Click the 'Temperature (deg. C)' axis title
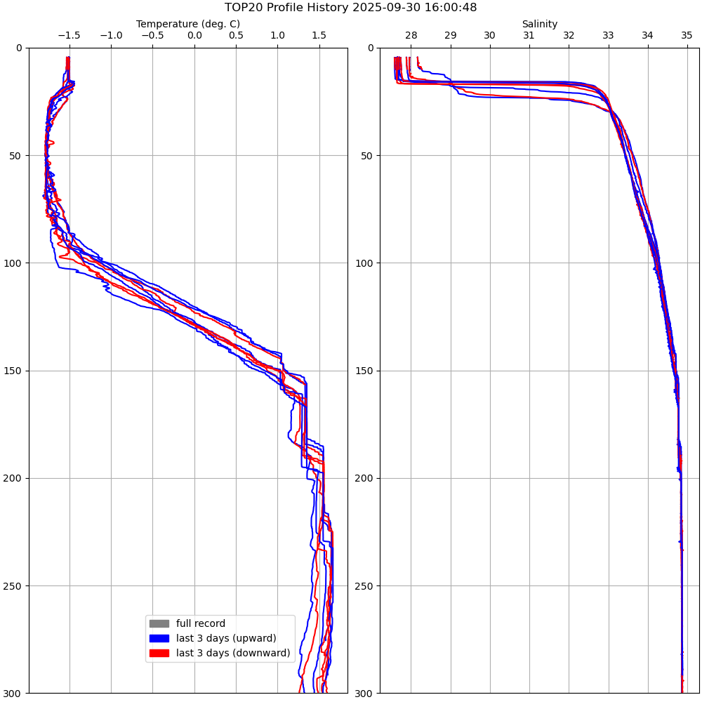pyautogui.click(x=188, y=24)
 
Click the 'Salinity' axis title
pyautogui.click(x=539, y=24)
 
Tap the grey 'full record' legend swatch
pyautogui.click(x=159, y=623)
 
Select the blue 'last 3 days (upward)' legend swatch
pyautogui.click(x=159, y=638)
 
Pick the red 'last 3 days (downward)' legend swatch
pyautogui.click(x=159, y=653)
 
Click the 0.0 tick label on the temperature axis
pyautogui.click(x=194, y=35)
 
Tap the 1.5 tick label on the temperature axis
pyautogui.click(x=319, y=35)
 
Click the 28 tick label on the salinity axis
pyautogui.click(x=411, y=35)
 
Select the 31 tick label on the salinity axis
pyautogui.click(x=529, y=35)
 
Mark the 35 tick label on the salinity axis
pyautogui.click(x=687, y=35)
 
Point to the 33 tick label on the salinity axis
pyautogui.click(x=608, y=35)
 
